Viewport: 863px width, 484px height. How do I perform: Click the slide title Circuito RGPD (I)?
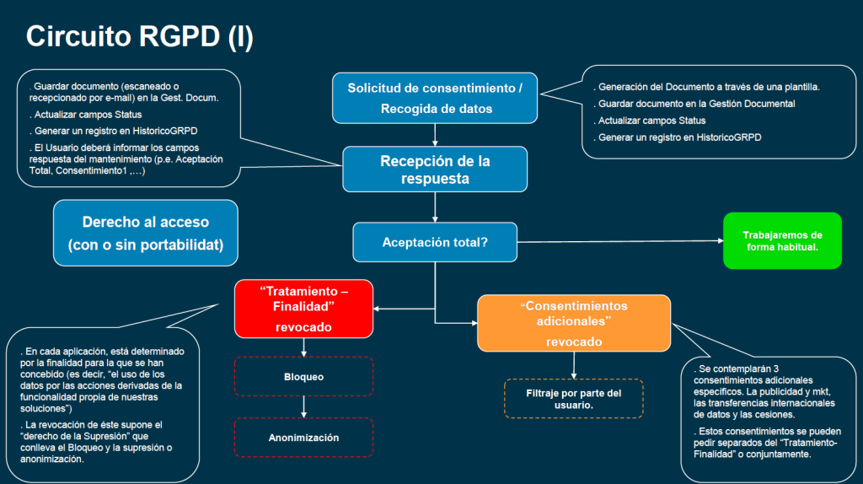tap(140, 37)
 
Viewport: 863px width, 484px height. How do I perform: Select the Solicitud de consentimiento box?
tap(435, 98)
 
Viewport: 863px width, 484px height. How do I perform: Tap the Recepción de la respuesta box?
tap(435, 169)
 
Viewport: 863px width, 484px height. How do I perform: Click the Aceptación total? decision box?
tap(435, 242)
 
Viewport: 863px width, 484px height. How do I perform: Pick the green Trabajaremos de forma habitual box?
tap(782, 240)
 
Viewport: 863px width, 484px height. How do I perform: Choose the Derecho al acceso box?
tap(146, 233)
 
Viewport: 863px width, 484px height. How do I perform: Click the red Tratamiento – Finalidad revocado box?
tap(303, 309)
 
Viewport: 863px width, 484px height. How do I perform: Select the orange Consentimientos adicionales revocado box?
tap(574, 323)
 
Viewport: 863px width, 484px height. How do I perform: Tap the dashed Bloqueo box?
tap(303, 377)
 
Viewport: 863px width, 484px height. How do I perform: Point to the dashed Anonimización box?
tap(303, 438)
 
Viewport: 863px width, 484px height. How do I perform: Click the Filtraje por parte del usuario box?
tap(573, 399)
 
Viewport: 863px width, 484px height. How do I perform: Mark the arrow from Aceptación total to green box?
tap(620, 241)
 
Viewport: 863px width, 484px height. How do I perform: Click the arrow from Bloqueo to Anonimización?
tap(303, 407)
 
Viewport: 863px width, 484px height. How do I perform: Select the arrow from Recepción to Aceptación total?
tap(435, 207)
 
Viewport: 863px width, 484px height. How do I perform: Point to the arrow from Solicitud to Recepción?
tap(435, 135)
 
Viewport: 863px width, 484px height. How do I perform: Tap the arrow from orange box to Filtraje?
tap(574, 365)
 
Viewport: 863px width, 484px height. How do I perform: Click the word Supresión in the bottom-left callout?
tap(107, 436)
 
